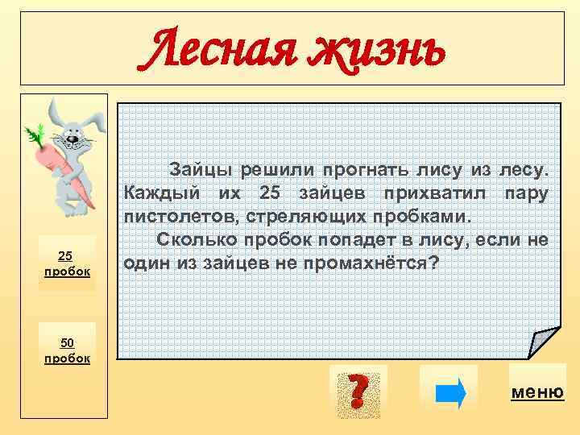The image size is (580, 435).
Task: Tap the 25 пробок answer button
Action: point(67,263)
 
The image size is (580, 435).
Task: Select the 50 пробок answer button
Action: point(67,350)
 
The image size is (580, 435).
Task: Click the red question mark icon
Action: point(358,391)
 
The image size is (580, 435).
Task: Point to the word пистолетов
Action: point(174,217)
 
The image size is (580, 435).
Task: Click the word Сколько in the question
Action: point(193,240)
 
